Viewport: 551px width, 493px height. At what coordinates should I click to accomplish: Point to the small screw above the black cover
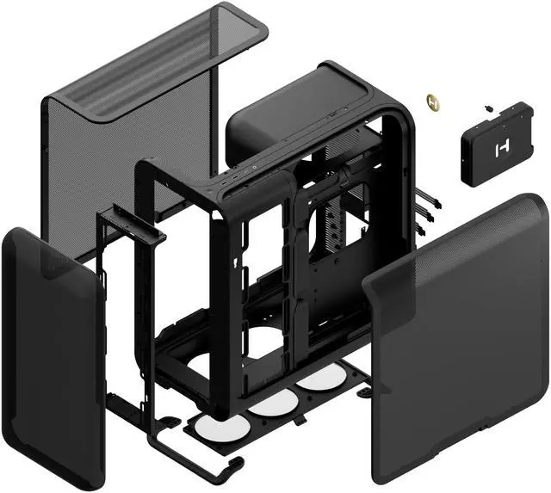tap(488, 109)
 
